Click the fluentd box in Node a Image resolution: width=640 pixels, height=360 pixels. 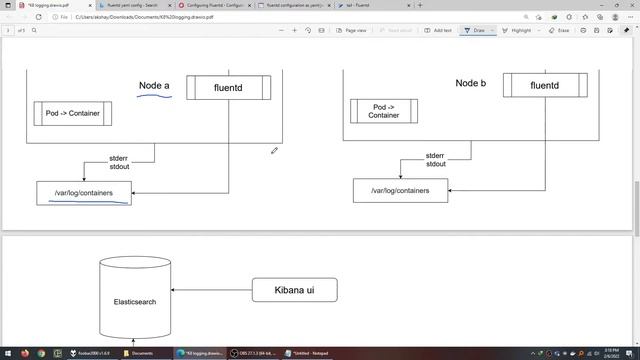click(228, 88)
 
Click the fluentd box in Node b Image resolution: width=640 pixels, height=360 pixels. click(544, 85)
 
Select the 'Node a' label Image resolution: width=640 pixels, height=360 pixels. click(154, 86)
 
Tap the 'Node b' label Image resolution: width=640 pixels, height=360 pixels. click(470, 84)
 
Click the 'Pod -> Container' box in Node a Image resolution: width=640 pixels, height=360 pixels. click(73, 114)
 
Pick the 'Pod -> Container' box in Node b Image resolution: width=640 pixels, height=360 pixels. click(383, 111)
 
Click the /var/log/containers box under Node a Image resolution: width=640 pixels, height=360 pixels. click(84, 193)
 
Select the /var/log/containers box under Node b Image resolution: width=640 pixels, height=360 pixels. click(400, 190)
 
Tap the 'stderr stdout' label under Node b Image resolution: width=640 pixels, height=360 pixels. click(437, 160)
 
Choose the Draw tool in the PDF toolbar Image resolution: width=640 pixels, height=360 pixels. click(475, 30)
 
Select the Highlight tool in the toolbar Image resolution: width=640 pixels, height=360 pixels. click(517, 30)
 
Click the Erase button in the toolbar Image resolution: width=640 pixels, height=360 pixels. click(560, 30)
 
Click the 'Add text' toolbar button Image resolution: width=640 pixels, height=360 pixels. click(437, 30)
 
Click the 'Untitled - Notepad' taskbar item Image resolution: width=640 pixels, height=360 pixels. click(309, 353)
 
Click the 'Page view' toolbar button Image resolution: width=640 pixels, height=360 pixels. click(351, 30)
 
